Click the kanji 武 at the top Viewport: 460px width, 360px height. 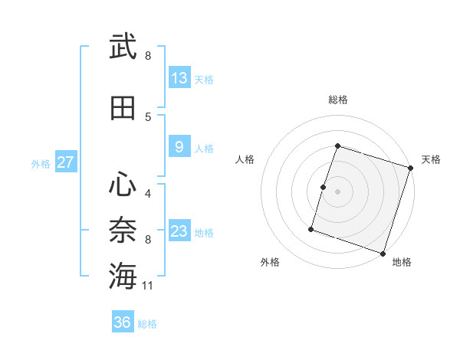[123, 47]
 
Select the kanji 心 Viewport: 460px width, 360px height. [123, 183]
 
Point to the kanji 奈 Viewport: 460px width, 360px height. [123, 229]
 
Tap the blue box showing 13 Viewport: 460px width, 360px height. [179, 78]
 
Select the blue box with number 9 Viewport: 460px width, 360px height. [179, 147]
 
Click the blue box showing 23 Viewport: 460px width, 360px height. [179, 231]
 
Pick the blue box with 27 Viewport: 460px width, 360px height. [65, 162]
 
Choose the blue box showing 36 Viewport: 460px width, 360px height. [123, 322]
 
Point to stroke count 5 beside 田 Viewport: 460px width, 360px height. [148, 116]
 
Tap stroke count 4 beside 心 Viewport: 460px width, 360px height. [148, 192]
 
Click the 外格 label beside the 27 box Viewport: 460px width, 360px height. [41, 163]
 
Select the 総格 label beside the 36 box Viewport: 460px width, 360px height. [148, 324]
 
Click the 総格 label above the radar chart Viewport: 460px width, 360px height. [337, 100]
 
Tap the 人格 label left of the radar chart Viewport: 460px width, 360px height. [245, 159]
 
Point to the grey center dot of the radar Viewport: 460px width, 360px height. [337, 191]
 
